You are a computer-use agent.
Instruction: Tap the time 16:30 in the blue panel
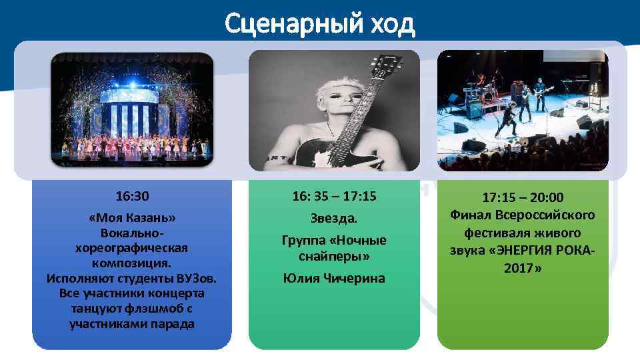[x=132, y=197]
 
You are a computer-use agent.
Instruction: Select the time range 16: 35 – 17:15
[x=334, y=197]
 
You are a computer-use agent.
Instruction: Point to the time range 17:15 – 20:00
[x=523, y=198]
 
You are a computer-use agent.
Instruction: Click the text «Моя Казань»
[x=132, y=219]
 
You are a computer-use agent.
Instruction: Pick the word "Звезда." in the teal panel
[x=334, y=218]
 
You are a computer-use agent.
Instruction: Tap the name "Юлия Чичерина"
[x=334, y=278]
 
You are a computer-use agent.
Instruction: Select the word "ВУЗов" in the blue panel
[x=195, y=277]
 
